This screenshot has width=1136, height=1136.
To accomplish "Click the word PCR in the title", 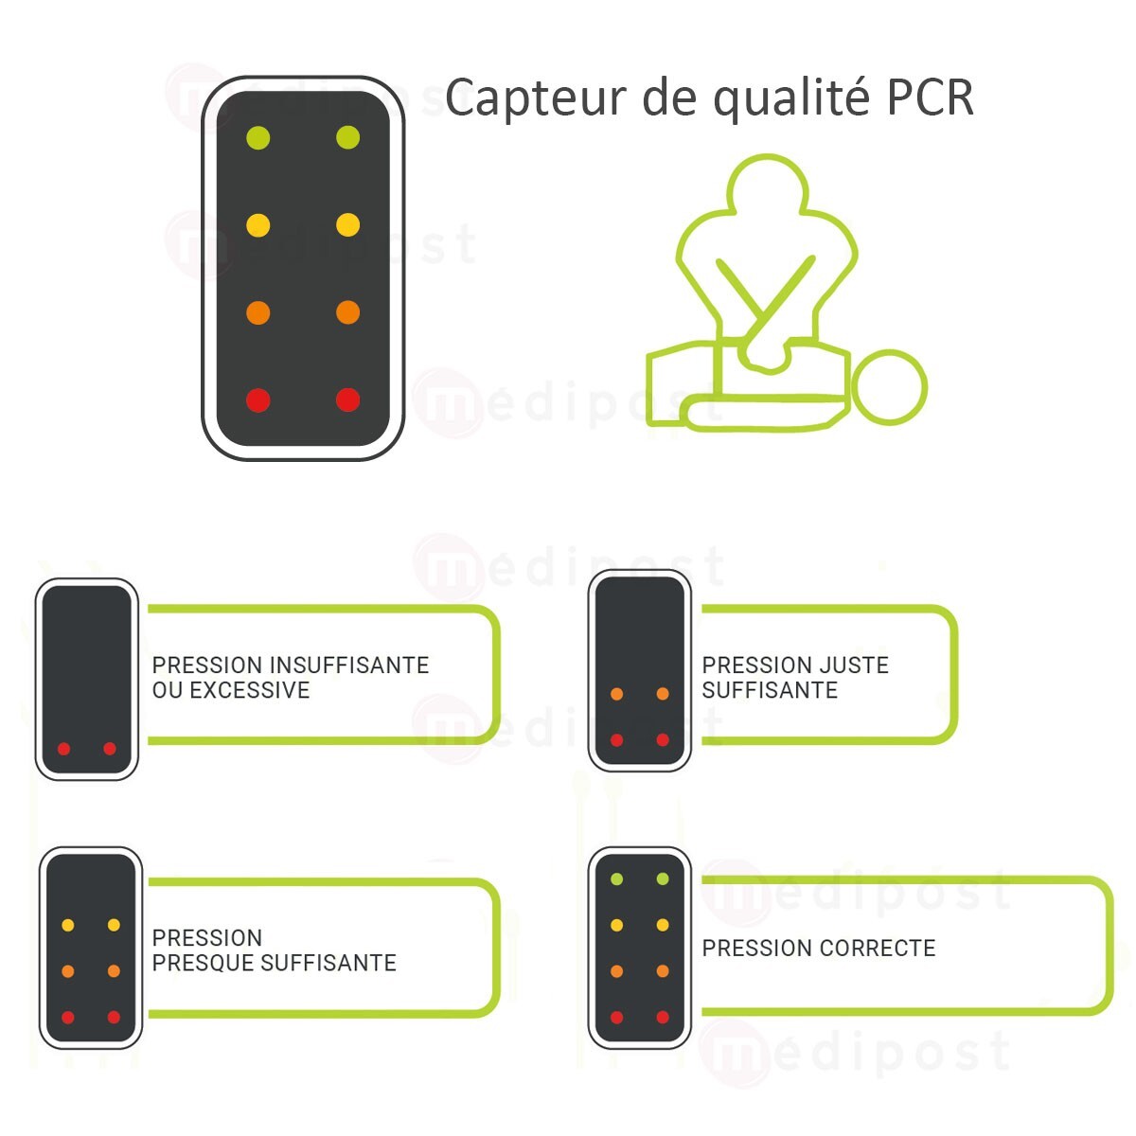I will tap(930, 98).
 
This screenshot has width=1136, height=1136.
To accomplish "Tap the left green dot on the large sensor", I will tap(257, 138).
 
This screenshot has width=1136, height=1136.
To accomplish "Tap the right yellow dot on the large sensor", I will tap(347, 225).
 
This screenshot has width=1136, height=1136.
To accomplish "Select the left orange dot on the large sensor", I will tap(257, 312).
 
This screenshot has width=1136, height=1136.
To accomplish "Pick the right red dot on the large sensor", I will tap(347, 399).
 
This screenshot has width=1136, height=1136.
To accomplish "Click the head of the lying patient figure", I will tap(889, 386).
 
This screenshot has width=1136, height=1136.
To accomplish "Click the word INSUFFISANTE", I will tap(349, 666).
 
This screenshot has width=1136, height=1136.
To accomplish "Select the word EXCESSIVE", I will tap(250, 690).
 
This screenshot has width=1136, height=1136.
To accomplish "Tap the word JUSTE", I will tap(856, 666).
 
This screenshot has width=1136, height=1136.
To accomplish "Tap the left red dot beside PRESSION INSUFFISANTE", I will tap(63, 749).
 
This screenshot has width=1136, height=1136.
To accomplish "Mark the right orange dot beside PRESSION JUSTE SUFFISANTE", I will tap(663, 694).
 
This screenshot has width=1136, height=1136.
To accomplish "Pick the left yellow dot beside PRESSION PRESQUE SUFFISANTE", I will tap(67, 925).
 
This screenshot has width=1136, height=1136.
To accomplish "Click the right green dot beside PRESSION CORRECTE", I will tap(663, 879).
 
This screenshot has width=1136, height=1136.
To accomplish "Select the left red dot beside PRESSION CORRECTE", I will tap(616, 1018).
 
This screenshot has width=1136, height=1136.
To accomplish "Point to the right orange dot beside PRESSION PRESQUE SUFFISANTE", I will tap(114, 971).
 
